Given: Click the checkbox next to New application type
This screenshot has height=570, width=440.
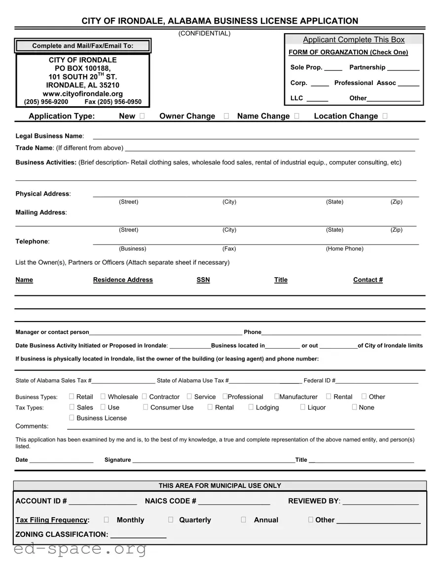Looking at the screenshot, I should (x=142, y=116).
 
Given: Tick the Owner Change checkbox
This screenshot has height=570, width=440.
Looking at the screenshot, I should (x=226, y=116).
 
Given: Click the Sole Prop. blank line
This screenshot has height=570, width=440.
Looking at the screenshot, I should (x=333, y=68).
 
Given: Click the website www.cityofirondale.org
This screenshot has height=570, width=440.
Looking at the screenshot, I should (x=82, y=93).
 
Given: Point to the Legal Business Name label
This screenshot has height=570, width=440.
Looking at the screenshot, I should (x=49, y=136).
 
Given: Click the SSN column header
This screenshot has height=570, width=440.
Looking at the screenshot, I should (x=203, y=280).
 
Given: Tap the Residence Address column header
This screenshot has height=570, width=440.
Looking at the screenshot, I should (x=123, y=280).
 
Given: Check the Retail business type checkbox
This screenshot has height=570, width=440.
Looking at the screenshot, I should (x=72, y=396).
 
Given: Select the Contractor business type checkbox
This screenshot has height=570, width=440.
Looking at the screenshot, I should (x=145, y=396).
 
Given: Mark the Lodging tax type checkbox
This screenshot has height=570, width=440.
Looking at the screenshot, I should (x=251, y=407).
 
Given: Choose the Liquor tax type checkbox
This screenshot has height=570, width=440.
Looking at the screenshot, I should (x=303, y=407).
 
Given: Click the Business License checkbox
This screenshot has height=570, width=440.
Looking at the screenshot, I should (x=72, y=417).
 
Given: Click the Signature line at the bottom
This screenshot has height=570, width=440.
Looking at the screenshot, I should (x=213, y=460).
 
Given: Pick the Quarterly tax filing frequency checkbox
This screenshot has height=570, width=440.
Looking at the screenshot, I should (x=171, y=520).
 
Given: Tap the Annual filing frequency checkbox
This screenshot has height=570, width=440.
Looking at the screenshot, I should (x=244, y=520).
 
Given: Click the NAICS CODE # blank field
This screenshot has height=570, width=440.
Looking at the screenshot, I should (x=234, y=502).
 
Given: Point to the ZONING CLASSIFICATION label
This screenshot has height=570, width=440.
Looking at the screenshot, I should (x=62, y=534).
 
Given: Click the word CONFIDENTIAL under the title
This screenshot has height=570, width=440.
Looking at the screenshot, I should (x=204, y=33).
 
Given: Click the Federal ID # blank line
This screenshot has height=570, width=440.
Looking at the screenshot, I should (x=377, y=381).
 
